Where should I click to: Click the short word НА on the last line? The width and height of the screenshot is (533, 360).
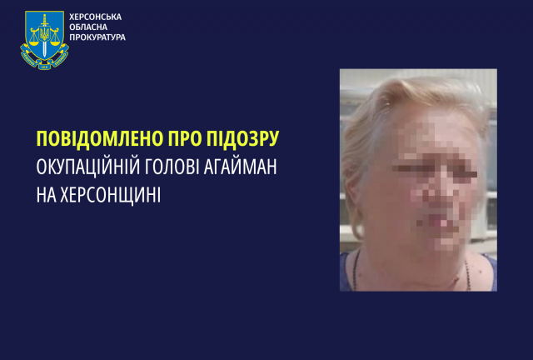pyautogui.click(x=46, y=195)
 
